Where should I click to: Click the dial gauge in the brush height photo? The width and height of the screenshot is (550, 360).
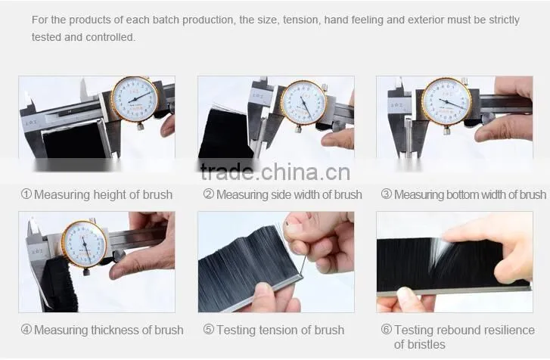tap(135, 99)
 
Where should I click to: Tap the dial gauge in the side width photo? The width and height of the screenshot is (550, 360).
tap(303, 103)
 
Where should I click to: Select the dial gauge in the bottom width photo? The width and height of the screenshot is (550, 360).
tap(446, 101)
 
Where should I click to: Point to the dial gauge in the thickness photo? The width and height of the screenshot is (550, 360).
tap(85, 244)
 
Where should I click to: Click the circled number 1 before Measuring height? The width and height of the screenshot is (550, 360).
tap(26, 194)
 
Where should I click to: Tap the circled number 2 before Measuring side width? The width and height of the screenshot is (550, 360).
tap(209, 194)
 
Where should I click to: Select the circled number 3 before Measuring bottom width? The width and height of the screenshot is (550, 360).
tap(386, 194)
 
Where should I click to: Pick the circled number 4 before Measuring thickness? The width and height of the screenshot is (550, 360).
tap(26, 330)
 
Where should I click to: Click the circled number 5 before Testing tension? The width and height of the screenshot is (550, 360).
tap(209, 330)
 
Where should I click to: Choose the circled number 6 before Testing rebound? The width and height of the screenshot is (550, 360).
tap(386, 330)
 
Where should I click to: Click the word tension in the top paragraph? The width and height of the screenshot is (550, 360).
tap(301, 20)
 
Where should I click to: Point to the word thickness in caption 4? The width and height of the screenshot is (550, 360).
tap(115, 331)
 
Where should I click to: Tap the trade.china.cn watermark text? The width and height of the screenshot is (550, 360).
tap(275, 172)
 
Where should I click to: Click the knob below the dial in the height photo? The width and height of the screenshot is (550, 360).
tap(140, 126)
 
